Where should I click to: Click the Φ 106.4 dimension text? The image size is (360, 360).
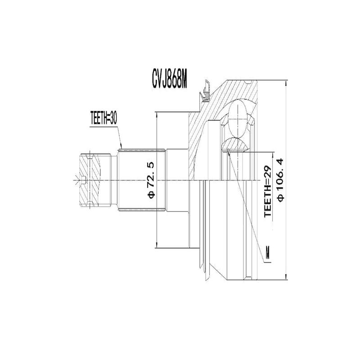[x=281, y=180]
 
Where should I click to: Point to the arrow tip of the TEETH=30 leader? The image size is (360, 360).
[x=122, y=148]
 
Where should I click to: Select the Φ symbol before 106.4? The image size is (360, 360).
[x=281, y=198]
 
